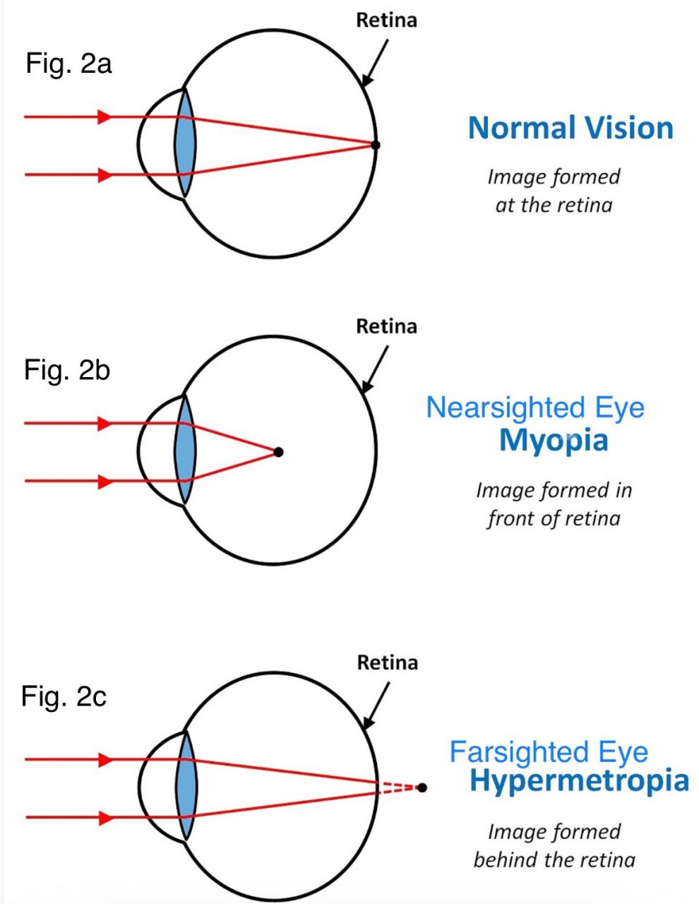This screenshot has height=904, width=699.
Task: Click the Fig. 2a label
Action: click(x=68, y=64)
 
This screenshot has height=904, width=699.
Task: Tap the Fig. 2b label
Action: click(x=67, y=370)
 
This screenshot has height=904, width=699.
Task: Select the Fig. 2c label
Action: click(x=64, y=696)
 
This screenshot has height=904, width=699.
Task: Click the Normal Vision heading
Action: click(x=570, y=129)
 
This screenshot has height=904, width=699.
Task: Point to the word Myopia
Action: click(x=554, y=440)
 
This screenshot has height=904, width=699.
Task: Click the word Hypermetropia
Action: click(x=579, y=781)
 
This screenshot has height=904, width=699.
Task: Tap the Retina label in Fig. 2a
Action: click(x=386, y=20)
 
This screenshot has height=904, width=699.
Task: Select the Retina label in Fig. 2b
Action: click(x=386, y=327)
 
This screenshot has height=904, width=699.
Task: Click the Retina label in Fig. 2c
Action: click(x=387, y=663)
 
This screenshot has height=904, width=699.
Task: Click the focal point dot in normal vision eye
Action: click(x=376, y=145)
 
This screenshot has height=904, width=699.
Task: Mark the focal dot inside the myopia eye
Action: click(x=278, y=452)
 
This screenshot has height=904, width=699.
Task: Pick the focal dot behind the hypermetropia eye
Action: click(x=422, y=787)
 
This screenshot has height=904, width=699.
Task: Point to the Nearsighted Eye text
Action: click(x=535, y=408)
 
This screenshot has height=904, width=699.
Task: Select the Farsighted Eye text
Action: click(x=549, y=752)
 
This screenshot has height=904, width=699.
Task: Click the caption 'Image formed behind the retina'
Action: click(x=554, y=846)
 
